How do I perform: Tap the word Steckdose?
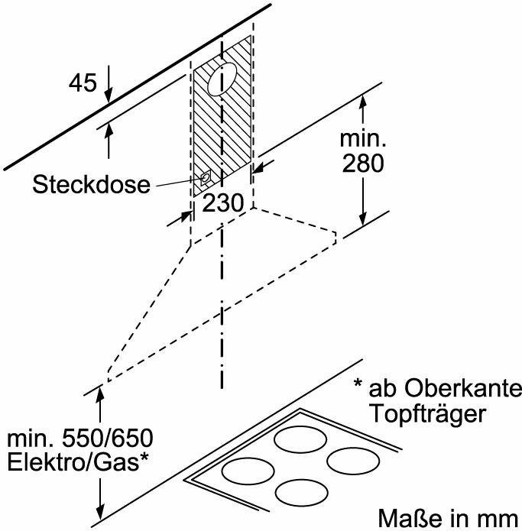pyautogui.click(x=92, y=185)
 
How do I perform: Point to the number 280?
pyautogui.click(x=363, y=164)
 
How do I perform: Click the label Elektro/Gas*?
pyautogui.click(x=77, y=464)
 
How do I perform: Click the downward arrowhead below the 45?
pyautogui.click(x=109, y=96)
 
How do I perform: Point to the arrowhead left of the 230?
pyautogui.click(x=184, y=216)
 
